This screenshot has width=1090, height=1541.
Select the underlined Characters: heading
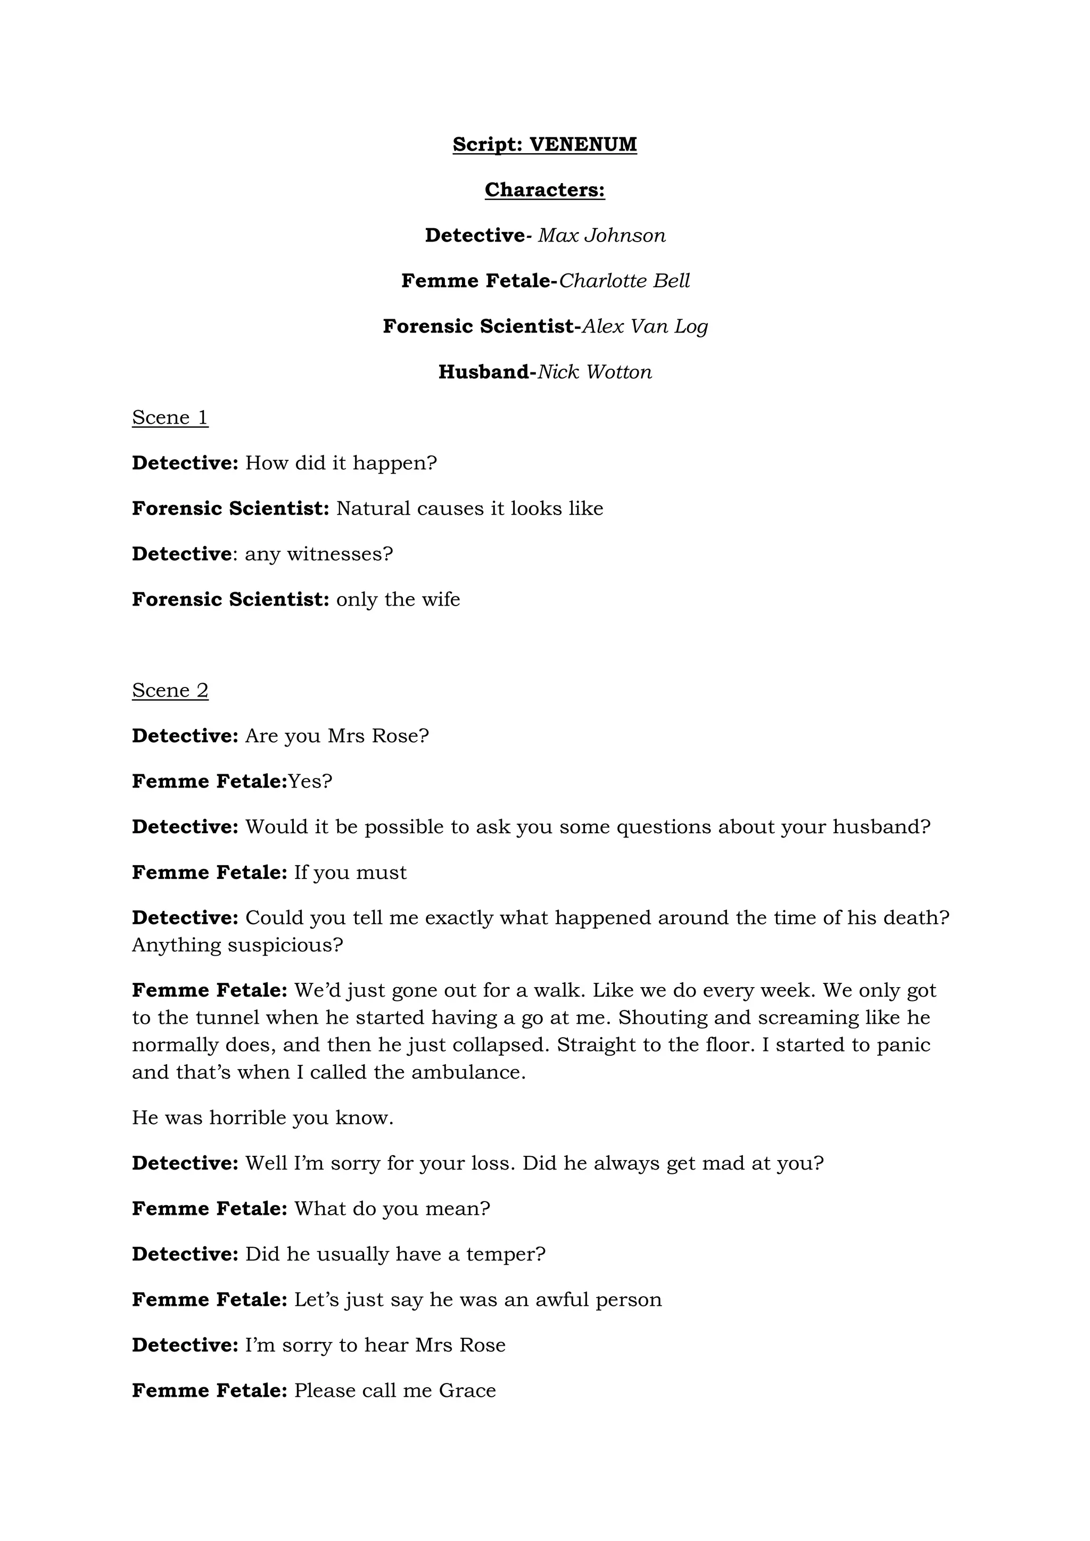pos(544,190)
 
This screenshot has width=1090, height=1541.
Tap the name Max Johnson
pos(601,236)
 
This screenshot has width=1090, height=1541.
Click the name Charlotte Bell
pos(624,280)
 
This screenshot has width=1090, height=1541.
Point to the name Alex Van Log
pos(645,326)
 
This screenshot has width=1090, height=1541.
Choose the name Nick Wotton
pos(594,372)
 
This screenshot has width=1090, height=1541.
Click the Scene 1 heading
pos(170,418)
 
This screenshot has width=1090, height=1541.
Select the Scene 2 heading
pos(170,691)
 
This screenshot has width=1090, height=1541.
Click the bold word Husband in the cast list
pos(484,372)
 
